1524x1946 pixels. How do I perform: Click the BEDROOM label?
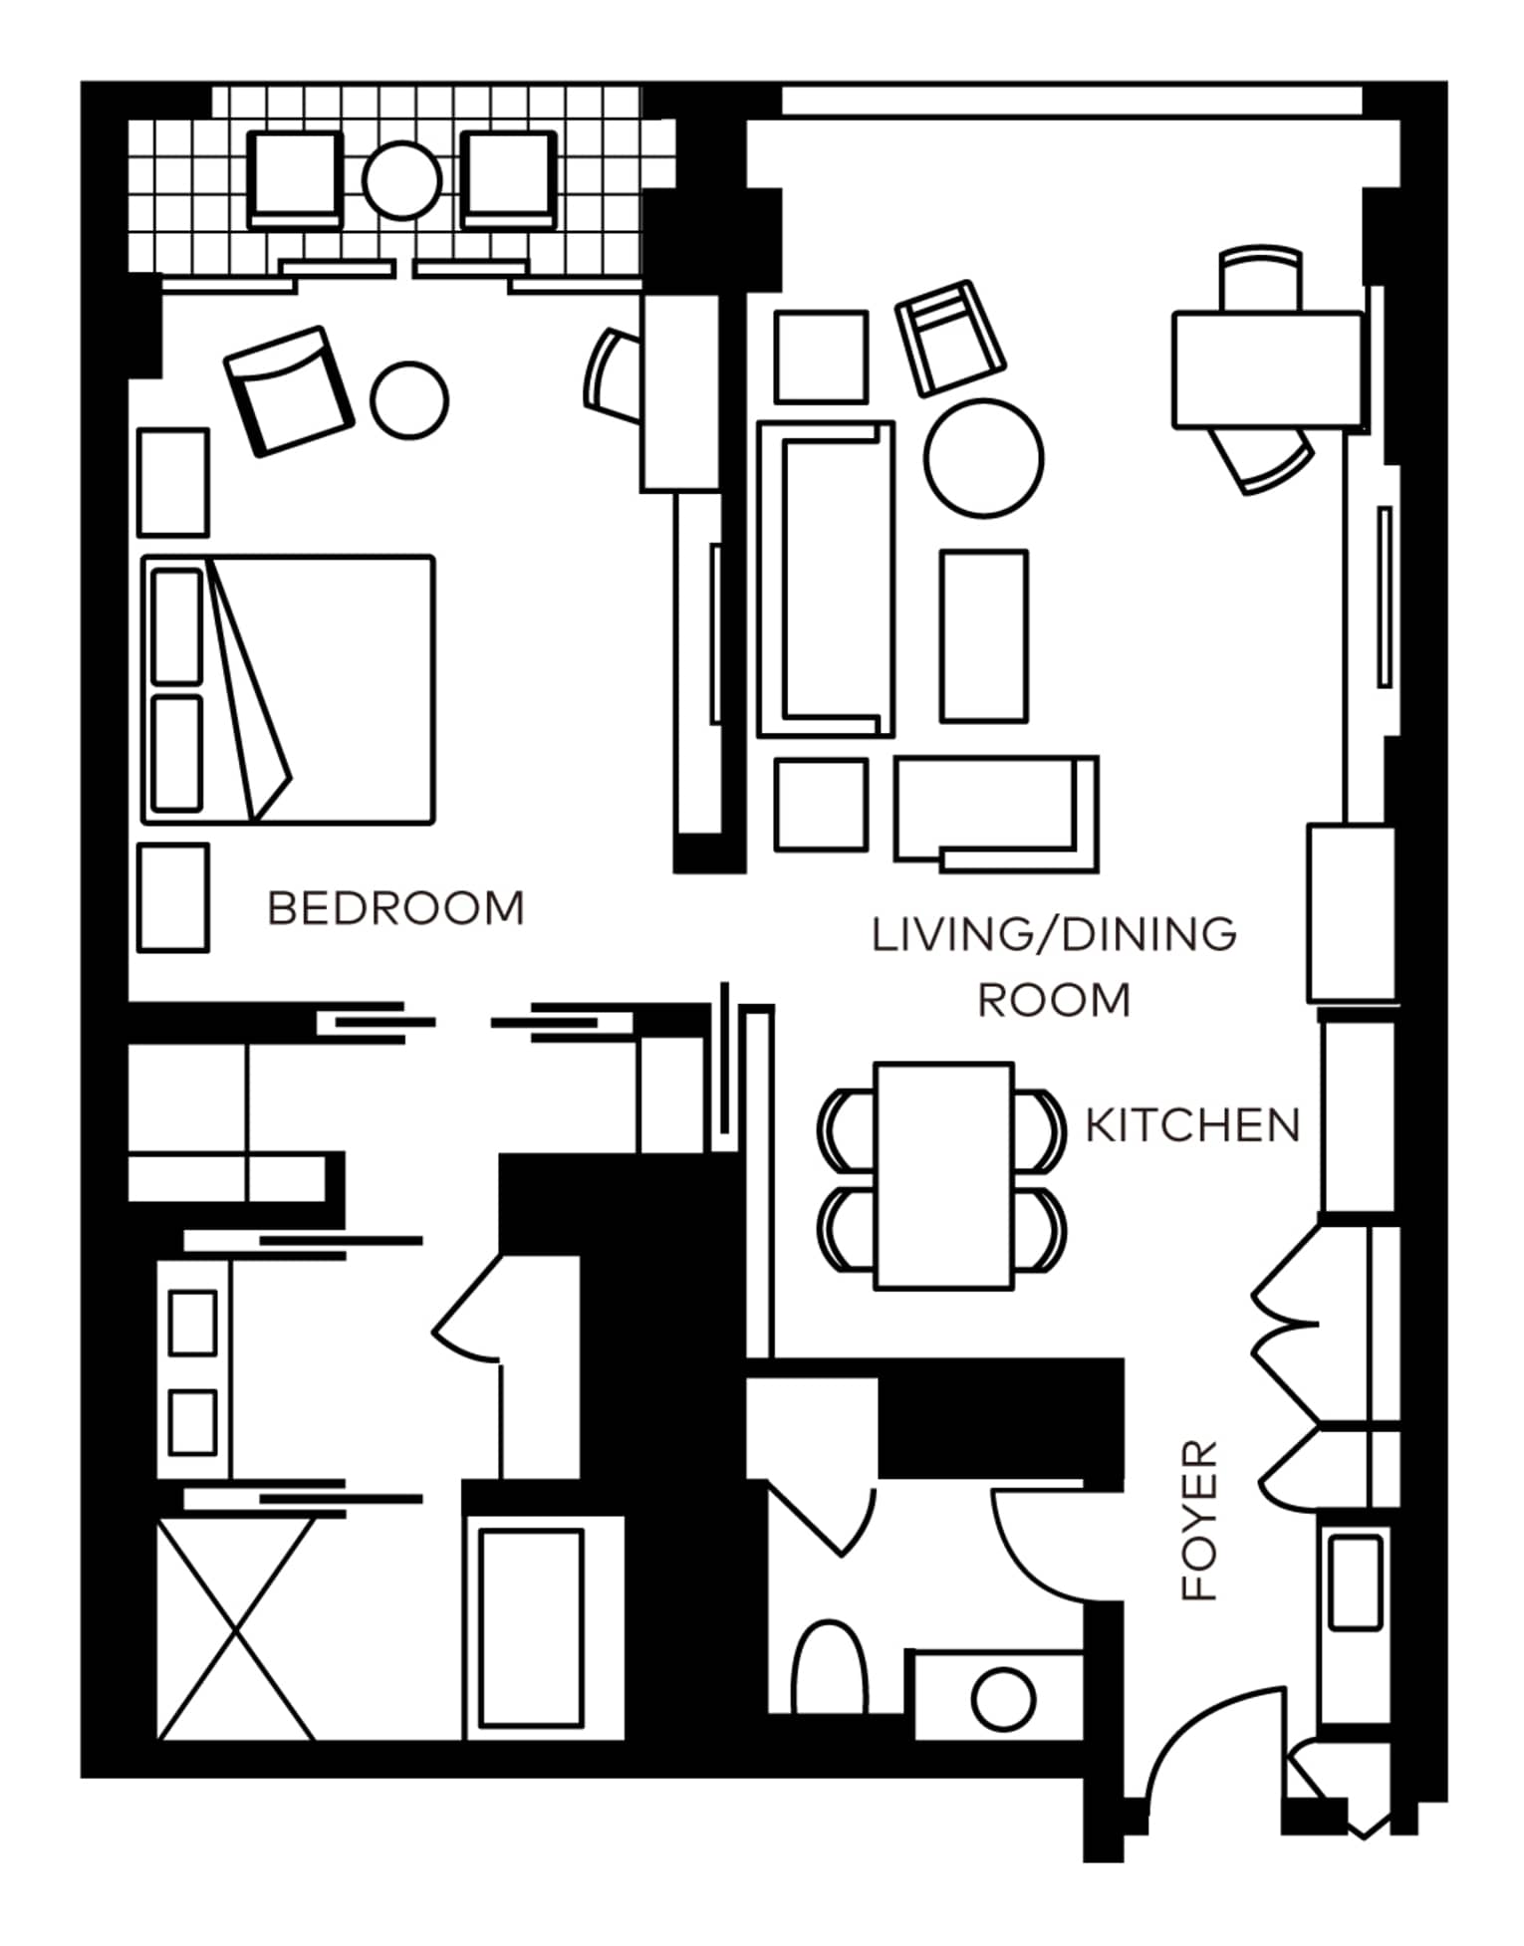395,908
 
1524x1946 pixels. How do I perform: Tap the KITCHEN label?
1192,1125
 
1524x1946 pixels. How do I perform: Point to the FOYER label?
1199,1520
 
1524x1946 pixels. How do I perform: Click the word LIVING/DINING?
1054,935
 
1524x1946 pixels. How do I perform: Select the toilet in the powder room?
829,1669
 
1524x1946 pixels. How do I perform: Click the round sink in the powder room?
1003,1698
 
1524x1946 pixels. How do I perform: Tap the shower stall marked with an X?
236,1628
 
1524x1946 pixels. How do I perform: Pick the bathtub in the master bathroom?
531,1628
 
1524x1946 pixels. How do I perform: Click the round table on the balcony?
401,180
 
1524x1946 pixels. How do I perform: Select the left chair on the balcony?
295,180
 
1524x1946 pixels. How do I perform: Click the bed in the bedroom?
288,689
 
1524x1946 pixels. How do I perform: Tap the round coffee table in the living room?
983,458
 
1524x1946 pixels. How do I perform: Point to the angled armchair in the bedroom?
289,390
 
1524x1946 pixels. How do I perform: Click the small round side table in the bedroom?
409,399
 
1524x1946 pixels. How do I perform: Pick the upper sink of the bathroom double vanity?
193,1323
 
